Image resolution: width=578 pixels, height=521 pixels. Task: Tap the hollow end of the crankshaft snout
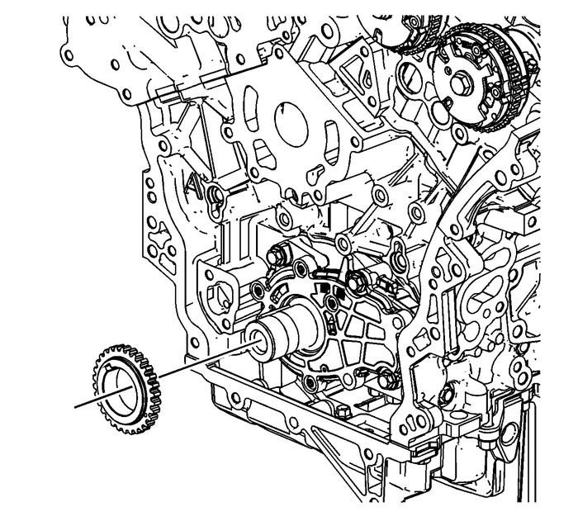point(258,341)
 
